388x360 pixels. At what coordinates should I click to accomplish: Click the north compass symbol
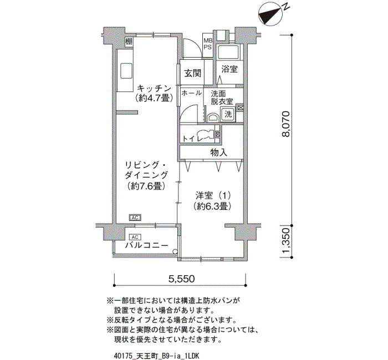(271, 14)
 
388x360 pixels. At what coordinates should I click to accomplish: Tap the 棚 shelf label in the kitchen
(129, 41)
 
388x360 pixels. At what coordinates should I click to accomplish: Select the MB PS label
(208, 44)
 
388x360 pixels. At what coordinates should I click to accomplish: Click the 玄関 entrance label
(193, 73)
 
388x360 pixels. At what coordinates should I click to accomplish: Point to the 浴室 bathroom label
(229, 69)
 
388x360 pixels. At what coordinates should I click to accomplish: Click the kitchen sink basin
(126, 71)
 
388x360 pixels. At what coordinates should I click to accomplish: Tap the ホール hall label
(192, 93)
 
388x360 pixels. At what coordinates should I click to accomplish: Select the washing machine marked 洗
(228, 114)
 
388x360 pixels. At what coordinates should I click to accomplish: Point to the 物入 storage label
(219, 152)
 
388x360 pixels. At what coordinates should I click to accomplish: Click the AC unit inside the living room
(135, 218)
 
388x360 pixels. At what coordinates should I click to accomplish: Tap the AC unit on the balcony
(135, 238)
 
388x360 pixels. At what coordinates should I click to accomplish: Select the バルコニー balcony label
(146, 245)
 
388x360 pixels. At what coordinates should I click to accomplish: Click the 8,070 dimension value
(286, 124)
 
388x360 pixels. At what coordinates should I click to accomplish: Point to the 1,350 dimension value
(286, 241)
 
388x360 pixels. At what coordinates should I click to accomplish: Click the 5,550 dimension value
(182, 279)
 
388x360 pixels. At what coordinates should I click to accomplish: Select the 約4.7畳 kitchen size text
(154, 98)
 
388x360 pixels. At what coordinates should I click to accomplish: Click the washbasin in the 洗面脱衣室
(212, 117)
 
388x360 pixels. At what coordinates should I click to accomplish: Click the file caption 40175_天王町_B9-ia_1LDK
(156, 356)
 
